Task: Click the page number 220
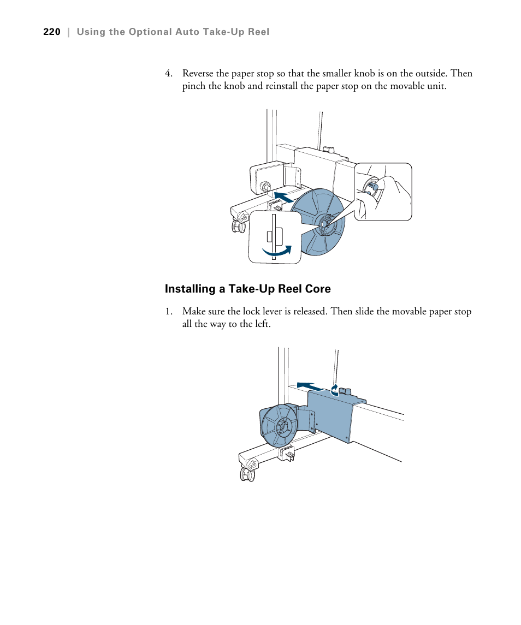click(51, 32)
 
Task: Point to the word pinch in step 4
click(194, 87)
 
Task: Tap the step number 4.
click(169, 74)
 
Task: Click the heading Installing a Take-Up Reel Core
click(248, 289)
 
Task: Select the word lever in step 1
click(295, 312)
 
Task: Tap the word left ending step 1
click(261, 324)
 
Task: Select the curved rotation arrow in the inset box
click(277, 251)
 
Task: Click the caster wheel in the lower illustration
click(247, 474)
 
